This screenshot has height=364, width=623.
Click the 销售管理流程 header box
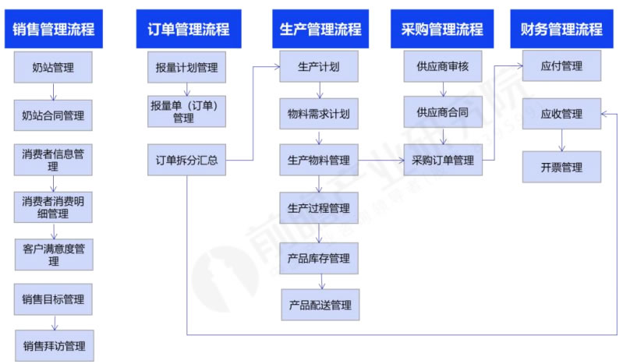(54, 30)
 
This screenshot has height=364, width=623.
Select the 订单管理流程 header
(187, 30)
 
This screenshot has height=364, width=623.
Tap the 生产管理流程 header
(320, 30)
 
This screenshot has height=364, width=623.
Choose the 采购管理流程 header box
(442, 30)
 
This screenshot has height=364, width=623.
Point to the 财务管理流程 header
(561, 30)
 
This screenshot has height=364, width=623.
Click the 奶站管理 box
(53, 68)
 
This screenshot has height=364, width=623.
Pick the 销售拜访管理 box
(53, 345)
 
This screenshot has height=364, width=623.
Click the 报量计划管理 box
(186, 67)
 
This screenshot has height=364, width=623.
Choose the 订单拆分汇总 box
(186, 161)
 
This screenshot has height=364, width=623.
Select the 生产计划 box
(318, 67)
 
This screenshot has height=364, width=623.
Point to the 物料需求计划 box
(318, 114)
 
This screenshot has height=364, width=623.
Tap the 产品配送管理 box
(320, 305)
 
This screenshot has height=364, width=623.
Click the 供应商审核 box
(442, 67)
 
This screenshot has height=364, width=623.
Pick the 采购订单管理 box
(442, 161)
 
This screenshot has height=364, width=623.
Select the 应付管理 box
(561, 67)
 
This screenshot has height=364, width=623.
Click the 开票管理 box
(561, 167)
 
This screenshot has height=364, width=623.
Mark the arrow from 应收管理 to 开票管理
(561, 140)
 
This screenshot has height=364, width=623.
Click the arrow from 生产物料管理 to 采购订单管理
(381, 161)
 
